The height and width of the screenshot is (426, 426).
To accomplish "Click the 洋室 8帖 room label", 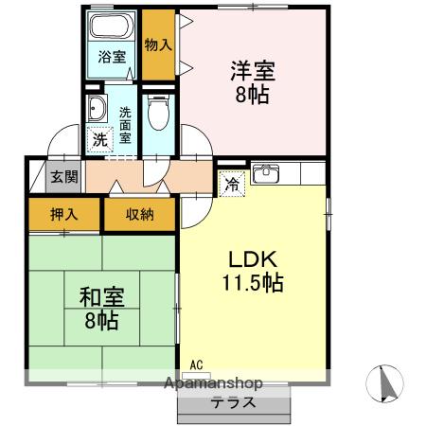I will (251, 81).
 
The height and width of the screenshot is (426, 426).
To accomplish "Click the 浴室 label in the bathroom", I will (113, 56).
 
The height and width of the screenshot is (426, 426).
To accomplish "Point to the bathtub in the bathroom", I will (113, 28).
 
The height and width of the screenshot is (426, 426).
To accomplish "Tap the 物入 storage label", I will (157, 44).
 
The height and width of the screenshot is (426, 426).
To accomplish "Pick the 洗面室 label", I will (126, 124).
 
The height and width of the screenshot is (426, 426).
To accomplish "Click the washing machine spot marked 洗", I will (99, 138).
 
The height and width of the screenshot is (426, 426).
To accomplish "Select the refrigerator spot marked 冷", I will (229, 186).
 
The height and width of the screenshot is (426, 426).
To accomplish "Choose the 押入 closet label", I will (64, 215).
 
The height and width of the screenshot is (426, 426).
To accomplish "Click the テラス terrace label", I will (234, 400).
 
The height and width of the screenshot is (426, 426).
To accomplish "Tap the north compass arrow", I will (384, 385).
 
